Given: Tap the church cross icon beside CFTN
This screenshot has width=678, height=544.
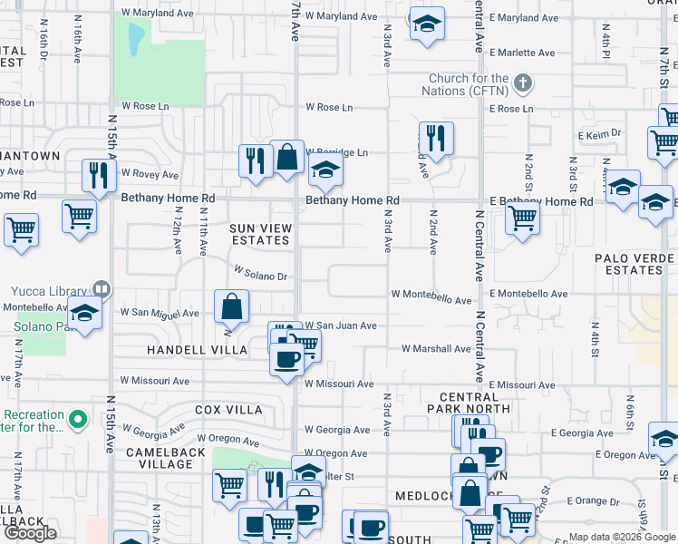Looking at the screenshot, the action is click(521, 84).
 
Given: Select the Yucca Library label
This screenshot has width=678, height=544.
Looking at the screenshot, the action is click(45, 291).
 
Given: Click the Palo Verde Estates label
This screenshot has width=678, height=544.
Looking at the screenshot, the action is click(635, 264).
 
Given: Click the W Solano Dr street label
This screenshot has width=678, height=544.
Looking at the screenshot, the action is click(260, 271).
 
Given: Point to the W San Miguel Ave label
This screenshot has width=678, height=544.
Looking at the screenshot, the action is click(160, 313).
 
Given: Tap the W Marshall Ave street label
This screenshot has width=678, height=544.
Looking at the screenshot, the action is click(436, 348).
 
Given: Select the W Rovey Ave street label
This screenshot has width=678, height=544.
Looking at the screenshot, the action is click(150, 173).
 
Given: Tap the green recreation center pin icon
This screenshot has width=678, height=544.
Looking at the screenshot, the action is click(78, 420).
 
